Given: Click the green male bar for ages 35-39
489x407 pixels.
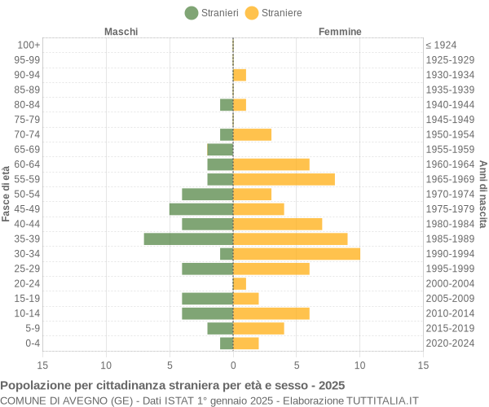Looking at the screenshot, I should click(188, 239).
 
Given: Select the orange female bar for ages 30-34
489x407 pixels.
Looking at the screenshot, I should click(297, 254).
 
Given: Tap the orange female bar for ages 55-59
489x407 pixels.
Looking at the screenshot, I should click(284, 179).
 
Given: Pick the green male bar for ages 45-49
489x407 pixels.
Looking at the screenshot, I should click(201, 209).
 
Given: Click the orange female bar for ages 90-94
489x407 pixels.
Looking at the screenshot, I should click(240, 75).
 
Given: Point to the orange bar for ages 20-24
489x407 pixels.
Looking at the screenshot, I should click(240, 283).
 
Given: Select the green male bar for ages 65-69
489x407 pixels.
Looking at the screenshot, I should click(220, 149).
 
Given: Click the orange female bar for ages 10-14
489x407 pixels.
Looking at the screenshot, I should click(271, 313).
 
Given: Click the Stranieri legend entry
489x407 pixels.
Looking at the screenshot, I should click(212, 13).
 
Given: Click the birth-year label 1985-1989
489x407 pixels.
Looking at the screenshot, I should click(449, 239).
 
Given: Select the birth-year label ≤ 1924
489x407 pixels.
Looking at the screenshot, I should click(441, 45).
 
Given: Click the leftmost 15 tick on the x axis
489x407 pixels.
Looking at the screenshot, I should click(42, 365).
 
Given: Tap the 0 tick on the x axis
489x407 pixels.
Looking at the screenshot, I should click(233, 365).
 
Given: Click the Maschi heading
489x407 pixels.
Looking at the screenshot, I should click(121, 32).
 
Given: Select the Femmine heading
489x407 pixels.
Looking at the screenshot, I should click(340, 32).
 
